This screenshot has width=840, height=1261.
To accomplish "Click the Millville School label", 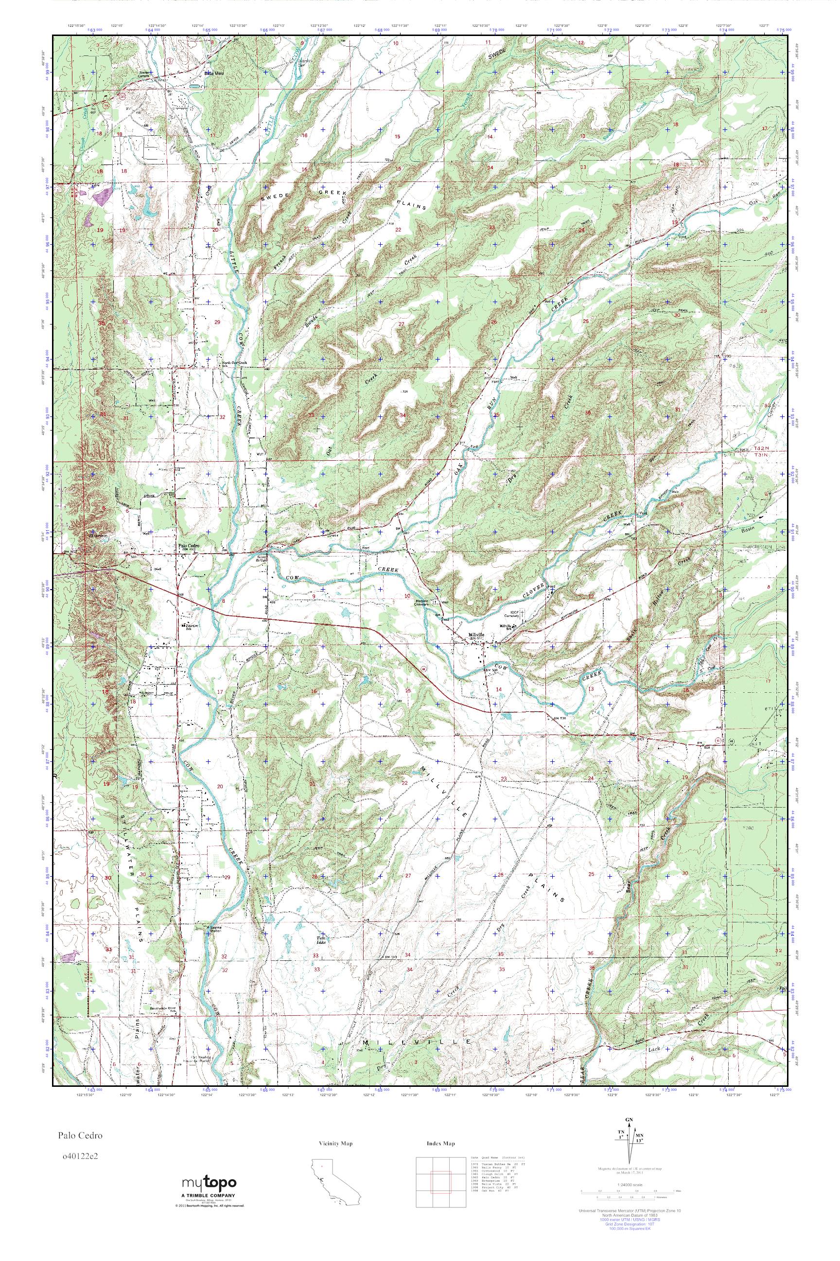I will [507, 626].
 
